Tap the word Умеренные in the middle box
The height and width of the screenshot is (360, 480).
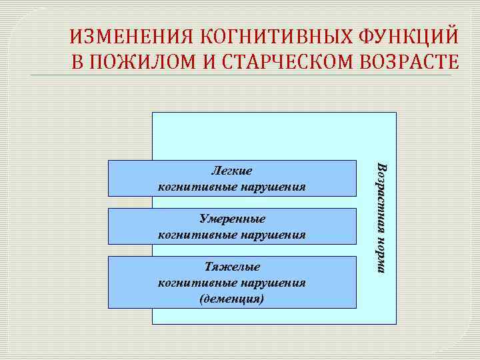coord(232,219)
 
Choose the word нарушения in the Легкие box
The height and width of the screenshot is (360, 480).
coord(273,187)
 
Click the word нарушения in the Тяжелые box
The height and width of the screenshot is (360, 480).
coord(273,283)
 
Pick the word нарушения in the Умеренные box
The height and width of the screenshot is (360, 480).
coord(273,235)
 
